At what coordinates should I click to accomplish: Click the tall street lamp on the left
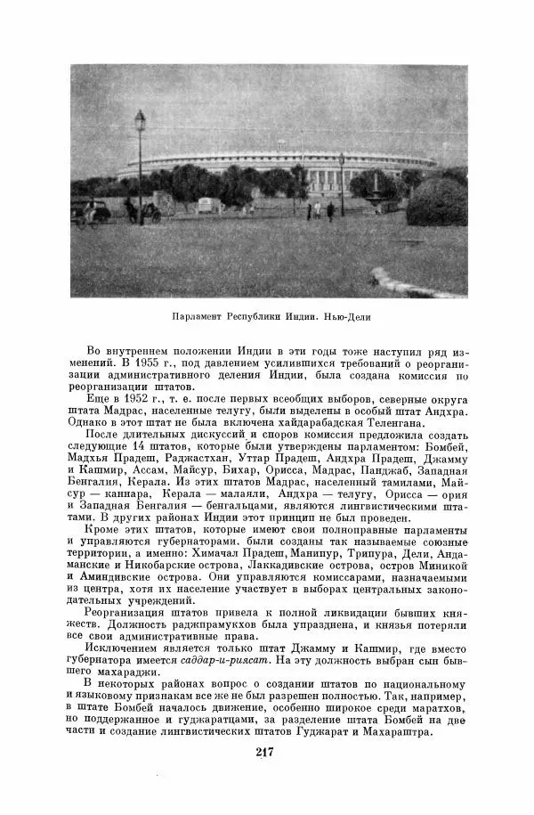[140, 165]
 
